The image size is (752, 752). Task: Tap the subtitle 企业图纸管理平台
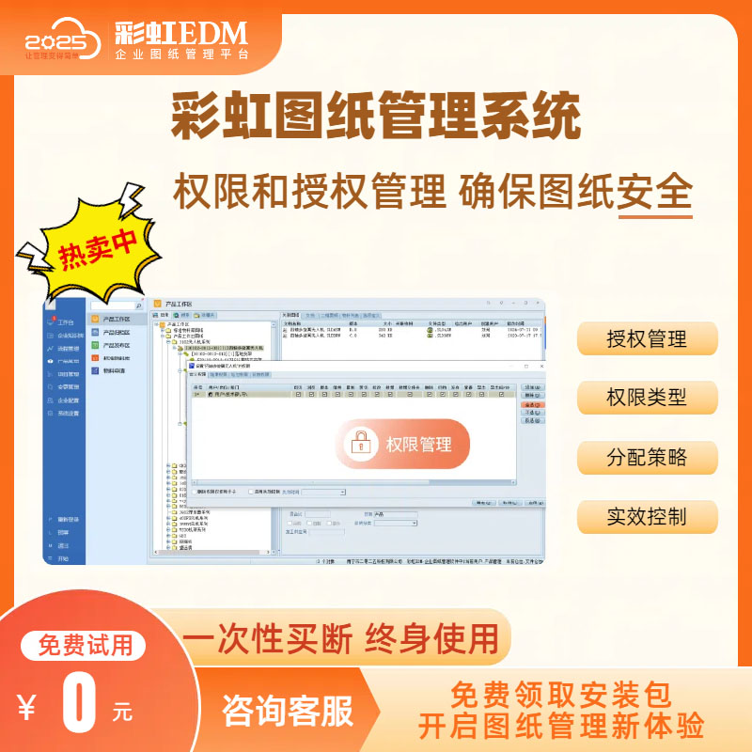182,56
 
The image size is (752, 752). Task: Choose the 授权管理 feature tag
647,339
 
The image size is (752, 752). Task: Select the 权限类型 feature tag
647,398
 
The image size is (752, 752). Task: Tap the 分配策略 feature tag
647,458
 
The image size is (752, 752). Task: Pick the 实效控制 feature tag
647,517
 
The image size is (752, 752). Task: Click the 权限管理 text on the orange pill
418,445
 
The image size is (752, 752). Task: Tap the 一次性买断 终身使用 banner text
341,638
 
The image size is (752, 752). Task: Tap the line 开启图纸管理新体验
561,727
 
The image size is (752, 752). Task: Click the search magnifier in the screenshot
139,305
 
